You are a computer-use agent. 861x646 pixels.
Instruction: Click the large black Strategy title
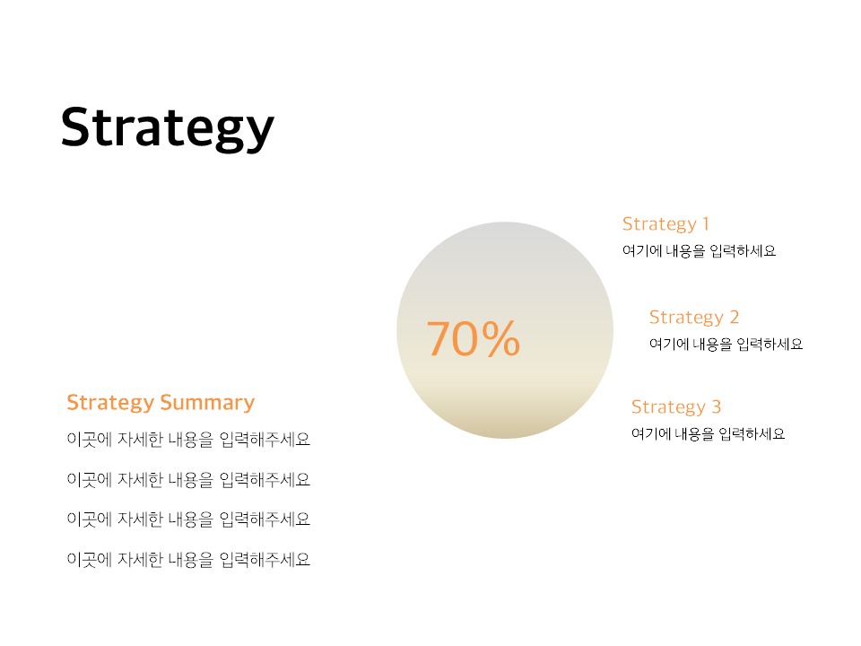(x=168, y=128)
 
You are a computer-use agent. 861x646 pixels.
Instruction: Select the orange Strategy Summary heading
(x=161, y=403)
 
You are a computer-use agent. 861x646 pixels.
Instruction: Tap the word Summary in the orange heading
(x=207, y=403)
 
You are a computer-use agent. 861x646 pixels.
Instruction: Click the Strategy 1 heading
(x=665, y=224)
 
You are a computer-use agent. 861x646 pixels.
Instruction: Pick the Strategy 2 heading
(x=694, y=318)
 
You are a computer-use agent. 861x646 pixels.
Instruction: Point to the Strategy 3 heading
(x=676, y=407)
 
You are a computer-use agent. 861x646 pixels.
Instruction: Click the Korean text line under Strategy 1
(x=699, y=251)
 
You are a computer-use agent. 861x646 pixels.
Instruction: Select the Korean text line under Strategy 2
(x=726, y=345)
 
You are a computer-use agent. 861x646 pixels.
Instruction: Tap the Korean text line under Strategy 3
(x=708, y=434)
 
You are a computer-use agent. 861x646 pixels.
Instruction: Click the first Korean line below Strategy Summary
(x=188, y=440)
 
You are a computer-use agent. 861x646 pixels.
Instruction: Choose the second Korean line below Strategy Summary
(x=188, y=479)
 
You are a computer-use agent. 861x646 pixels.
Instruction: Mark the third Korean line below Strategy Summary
(x=188, y=519)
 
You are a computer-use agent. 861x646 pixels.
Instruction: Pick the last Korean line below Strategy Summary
(x=188, y=559)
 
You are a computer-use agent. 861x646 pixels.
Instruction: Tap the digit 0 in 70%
(x=465, y=339)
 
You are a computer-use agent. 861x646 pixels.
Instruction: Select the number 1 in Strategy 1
(x=706, y=223)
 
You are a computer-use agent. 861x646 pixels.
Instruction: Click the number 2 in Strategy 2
(x=735, y=317)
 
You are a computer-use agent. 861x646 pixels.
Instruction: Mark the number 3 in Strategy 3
(x=716, y=406)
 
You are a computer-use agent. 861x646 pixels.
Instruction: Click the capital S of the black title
(x=74, y=127)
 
